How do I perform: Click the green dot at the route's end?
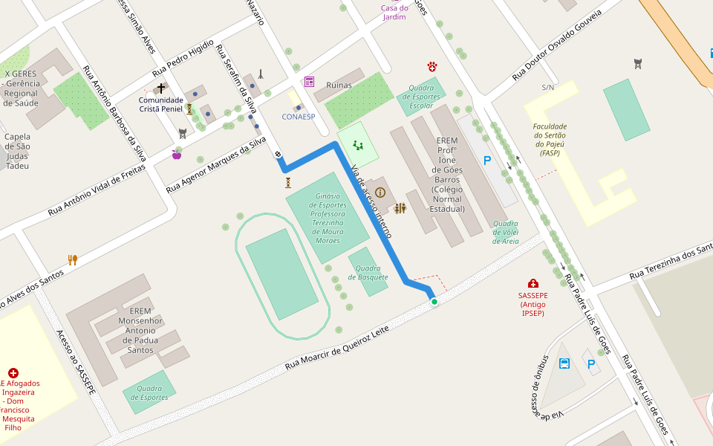click(x=434, y=301)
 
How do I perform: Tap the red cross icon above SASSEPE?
click(x=533, y=283)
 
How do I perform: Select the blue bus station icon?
click(x=564, y=363)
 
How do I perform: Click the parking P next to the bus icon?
click(x=591, y=364)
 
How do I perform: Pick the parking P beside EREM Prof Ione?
click(x=487, y=161)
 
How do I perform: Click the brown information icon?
click(x=380, y=192)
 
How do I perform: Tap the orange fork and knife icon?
click(x=72, y=260)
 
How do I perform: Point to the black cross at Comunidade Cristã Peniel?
click(x=160, y=88)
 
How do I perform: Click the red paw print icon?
click(x=432, y=67)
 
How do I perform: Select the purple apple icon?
click(x=177, y=155)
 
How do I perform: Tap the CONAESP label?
click(x=299, y=117)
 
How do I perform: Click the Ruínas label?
click(x=339, y=85)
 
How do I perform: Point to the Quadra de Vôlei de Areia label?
click(x=506, y=232)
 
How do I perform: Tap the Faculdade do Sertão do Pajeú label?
click(x=550, y=139)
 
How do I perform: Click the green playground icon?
click(x=358, y=145)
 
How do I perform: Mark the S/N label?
click(x=548, y=88)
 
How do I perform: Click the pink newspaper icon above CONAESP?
click(x=309, y=82)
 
